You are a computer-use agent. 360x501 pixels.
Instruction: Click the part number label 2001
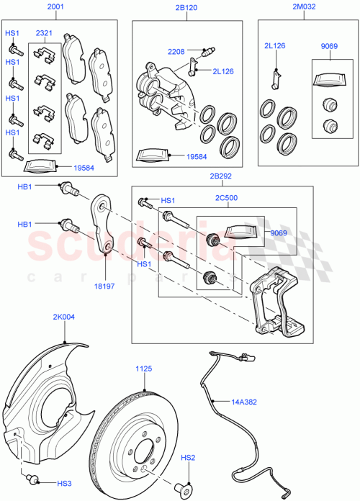tap(55, 7)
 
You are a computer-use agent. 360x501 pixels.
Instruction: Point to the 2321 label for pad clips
tap(45, 34)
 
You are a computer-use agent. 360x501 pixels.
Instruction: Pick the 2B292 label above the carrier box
tap(220, 176)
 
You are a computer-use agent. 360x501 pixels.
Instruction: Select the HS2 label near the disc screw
tap(188, 457)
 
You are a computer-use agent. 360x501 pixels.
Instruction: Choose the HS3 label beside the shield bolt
tap(65, 483)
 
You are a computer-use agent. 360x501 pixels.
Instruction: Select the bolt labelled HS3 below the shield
tap(32, 480)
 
